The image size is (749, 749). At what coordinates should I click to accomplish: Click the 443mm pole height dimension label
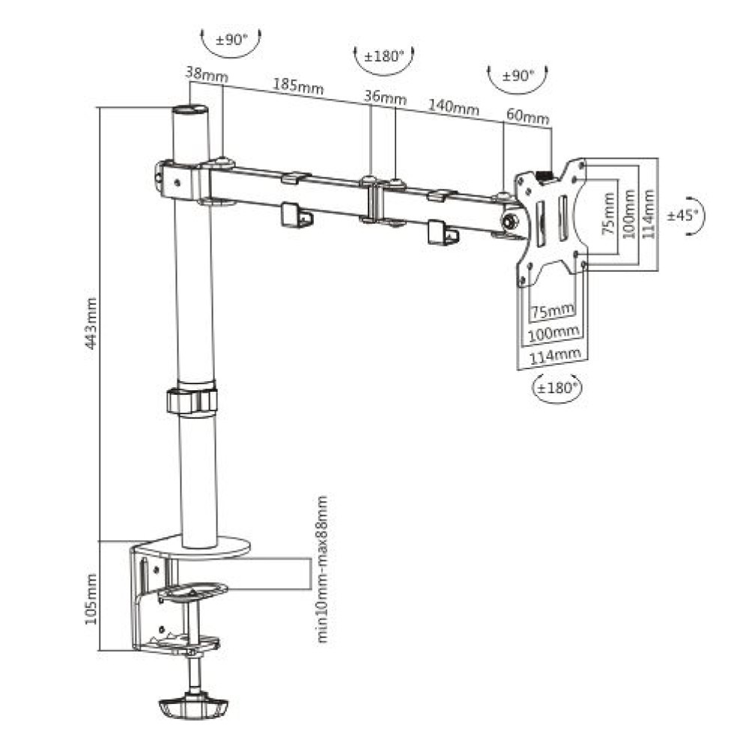click(91, 324)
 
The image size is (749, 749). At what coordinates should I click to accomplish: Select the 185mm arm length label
click(298, 85)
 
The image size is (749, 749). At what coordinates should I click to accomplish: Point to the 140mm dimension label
click(453, 106)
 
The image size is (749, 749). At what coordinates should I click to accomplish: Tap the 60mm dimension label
click(527, 118)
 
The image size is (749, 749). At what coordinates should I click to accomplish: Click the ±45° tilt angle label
click(683, 214)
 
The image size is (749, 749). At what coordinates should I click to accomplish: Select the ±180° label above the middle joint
click(383, 56)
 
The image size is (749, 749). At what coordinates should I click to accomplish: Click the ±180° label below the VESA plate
click(557, 387)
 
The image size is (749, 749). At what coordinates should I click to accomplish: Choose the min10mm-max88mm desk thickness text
click(323, 569)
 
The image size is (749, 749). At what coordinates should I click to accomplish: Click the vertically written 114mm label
click(649, 213)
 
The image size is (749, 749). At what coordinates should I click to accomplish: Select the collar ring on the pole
click(192, 400)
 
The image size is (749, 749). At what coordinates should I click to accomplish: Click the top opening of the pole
click(189, 110)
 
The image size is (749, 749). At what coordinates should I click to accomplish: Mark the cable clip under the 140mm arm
click(442, 233)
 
